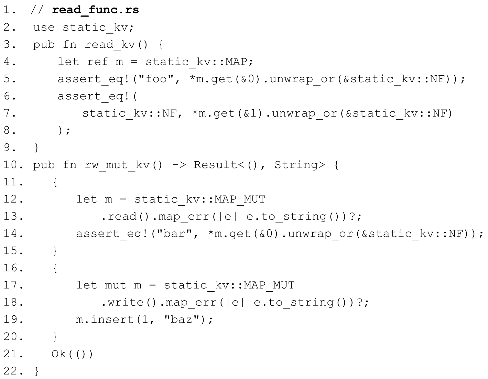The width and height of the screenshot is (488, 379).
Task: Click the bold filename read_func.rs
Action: coord(96,10)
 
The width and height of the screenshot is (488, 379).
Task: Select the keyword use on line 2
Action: coord(44,28)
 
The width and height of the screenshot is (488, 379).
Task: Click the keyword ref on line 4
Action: coord(97,62)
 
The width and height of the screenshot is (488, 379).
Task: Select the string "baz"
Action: coord(182,319)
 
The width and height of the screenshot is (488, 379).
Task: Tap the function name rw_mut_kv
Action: coord(117,165)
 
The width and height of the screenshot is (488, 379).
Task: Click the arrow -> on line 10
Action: coord(179,165)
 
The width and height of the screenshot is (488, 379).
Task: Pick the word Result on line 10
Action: coord(216,165)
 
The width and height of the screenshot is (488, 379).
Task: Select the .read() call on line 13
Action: coord(125,216)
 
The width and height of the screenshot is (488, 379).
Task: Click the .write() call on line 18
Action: coord(129,302)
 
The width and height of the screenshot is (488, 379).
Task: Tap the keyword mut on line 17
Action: coord(116,285)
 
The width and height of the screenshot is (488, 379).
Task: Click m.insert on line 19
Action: coord(105,319)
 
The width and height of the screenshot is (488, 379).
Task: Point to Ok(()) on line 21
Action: coord(72,354)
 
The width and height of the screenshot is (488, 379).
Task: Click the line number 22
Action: coord(13,371)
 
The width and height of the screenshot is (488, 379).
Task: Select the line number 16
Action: coord(13,268)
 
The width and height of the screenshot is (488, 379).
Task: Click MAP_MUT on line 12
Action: coord(240,199)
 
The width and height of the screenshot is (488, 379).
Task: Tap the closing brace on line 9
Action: coord(36,148)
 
